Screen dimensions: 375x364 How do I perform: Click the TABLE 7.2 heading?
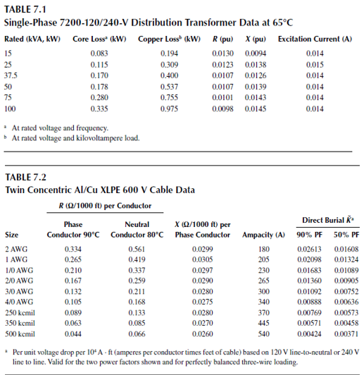click(25, 177)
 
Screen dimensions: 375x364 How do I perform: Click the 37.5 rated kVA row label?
click(11, 75)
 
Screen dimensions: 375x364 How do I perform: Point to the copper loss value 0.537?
click(168, 87)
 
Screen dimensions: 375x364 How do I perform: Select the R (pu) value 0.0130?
click(223, 53)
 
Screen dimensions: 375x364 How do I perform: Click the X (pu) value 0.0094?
click(255, 53)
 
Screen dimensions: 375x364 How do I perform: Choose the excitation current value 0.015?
click(314, 64)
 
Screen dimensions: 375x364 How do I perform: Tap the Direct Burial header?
click(327, 220)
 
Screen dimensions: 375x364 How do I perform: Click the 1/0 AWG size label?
click(18, 270)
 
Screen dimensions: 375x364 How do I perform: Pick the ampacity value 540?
click(264, 333)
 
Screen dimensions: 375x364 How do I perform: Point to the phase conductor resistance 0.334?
click(73, 250)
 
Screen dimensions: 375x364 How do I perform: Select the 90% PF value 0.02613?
click(309, 250)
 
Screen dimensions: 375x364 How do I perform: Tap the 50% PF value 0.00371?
click(346, 333)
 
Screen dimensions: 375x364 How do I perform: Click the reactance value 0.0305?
click(202, 259)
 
